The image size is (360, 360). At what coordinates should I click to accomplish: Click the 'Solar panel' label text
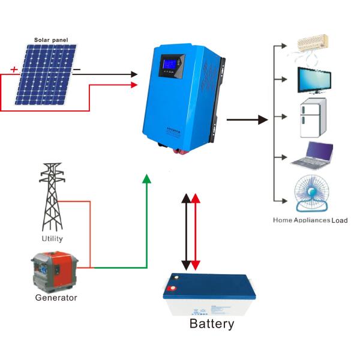[x=51, y=40]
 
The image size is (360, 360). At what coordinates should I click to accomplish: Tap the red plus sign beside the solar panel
[x=14, y=69]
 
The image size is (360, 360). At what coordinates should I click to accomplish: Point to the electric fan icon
[x=311, y=194]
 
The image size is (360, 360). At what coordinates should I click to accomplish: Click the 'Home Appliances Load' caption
[x=310, y=220]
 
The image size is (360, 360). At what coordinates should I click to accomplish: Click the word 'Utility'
[x=52, y=238]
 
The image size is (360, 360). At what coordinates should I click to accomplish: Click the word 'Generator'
[x=56, y=297]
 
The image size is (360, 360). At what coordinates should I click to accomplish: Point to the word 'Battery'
[x=211, y=325]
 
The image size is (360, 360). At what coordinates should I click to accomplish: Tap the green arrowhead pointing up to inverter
[x=146, y=178]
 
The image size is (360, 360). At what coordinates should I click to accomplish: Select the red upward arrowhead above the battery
[x=196, y=198]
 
